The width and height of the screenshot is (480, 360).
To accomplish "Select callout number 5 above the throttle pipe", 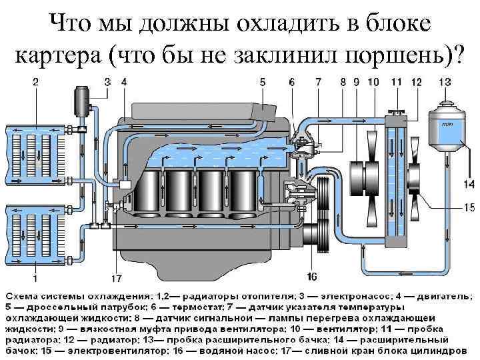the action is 263,82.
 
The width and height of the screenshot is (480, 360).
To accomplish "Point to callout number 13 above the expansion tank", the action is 445,82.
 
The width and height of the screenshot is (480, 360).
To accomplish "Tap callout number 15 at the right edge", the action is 469,207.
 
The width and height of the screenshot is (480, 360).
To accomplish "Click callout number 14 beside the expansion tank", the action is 469,184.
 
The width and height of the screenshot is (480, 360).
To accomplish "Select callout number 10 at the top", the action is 373,82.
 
